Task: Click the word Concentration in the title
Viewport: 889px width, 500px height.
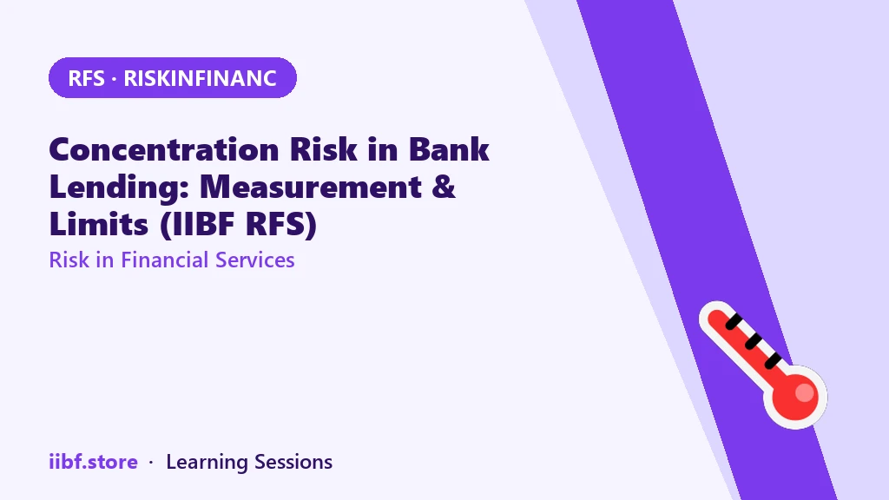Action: [164, 149]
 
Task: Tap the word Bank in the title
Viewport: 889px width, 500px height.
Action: [449, 149]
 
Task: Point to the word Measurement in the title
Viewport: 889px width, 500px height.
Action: [311, 187]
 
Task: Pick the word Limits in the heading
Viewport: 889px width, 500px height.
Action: [99, 224]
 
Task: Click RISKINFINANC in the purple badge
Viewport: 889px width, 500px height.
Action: [201, 78]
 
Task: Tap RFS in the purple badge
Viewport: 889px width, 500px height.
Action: [86, 78]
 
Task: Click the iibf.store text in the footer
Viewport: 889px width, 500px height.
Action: [93, 462]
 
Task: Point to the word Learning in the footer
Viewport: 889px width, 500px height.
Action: [207, 463]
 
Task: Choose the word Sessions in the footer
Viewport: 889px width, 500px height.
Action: [293, 462]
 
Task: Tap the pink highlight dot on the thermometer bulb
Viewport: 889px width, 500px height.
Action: [805, 392]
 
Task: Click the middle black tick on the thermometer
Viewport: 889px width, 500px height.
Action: [754, 341]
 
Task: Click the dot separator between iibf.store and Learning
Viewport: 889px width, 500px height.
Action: [151, 463]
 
